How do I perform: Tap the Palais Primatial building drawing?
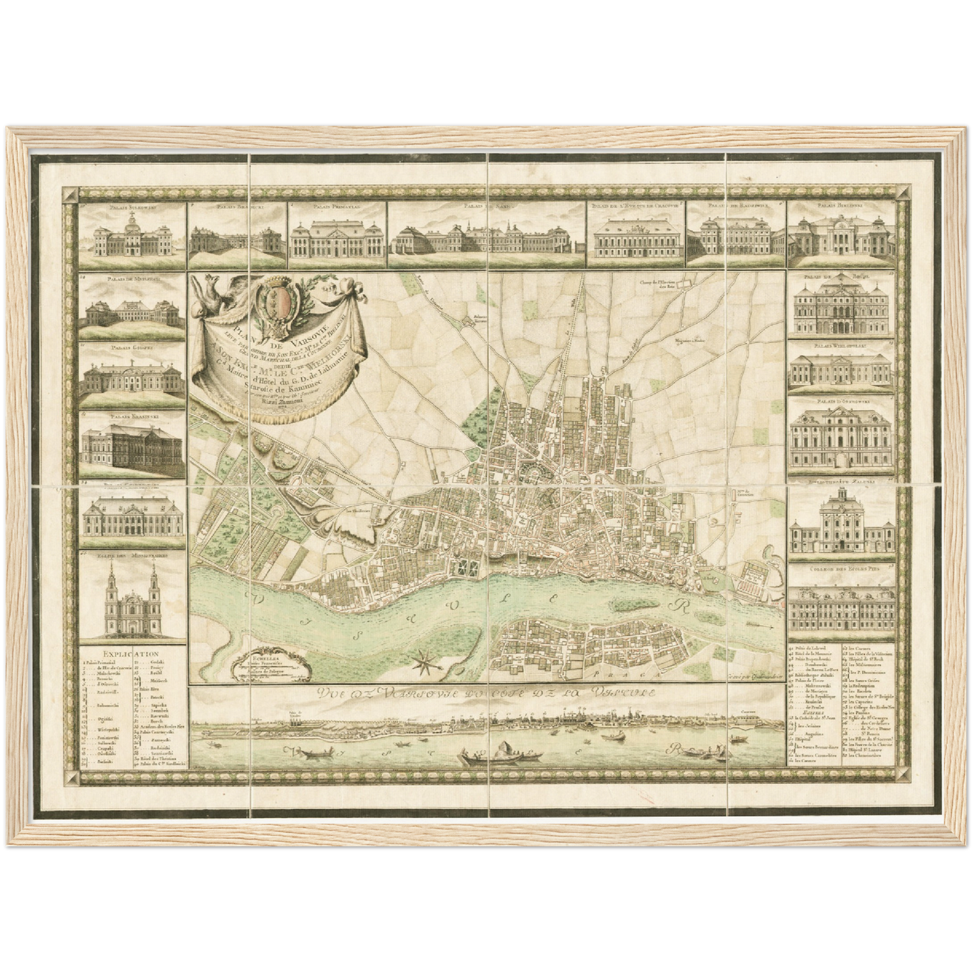pyautogui.click(x=337, y=237)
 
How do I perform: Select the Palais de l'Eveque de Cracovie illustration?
pyautogui.click(x=636, y=237)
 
